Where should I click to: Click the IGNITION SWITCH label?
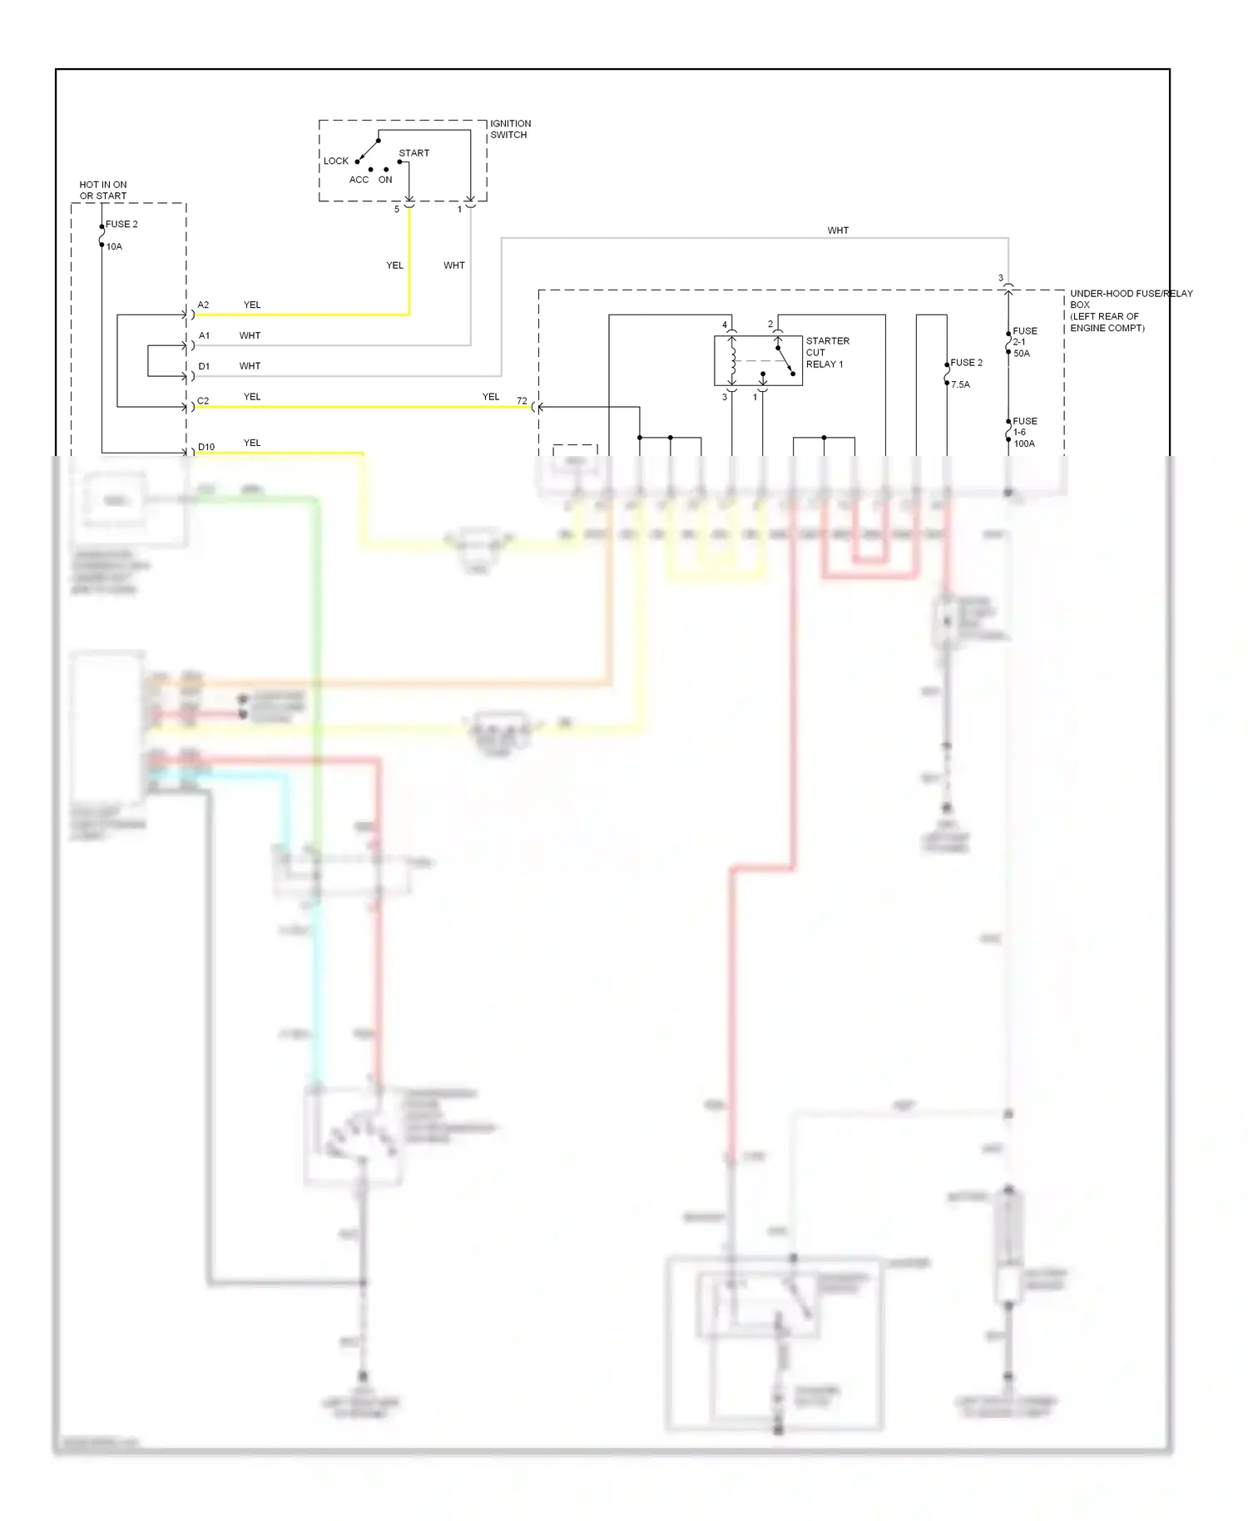pyautogui.click(x=509, y=129)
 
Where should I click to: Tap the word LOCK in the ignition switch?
pyautogui.click(x=336, y=161)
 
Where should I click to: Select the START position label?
pyautogui.click(x=414, y=153)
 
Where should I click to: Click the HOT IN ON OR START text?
pyautogui.click(x=103, y=191)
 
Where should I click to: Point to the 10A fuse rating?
pyautogui.click(x=114, y=247)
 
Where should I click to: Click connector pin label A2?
pyautogui.click(x=203, y=305)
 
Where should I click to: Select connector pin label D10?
pyautogui.click(x=206, y=448)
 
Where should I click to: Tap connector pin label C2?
pyautogui.click(x=203, y=401)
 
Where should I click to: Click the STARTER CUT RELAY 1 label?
pyautogui.click(x=826, y=353)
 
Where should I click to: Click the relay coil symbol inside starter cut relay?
pyautogui.click(x=732, y=361)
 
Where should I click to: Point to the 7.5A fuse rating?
pyautogui.click(x=960, y=385)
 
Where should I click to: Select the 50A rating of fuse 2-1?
pyautogui.click(x=1021, y=354)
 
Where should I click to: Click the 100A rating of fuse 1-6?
pyautogui.click(x=1023, y=443)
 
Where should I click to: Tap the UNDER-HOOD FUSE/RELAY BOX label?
pyautogui.click(x=1129, y=310)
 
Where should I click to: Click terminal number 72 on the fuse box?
pyautogui.click(x=522, y=401)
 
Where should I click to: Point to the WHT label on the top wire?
pyautogui.click(x=838, y=230)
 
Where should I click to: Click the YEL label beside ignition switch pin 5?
pyautogui.click(x=394, y=265)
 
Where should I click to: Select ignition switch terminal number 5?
pyautogui.click(x=397, y=210)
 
